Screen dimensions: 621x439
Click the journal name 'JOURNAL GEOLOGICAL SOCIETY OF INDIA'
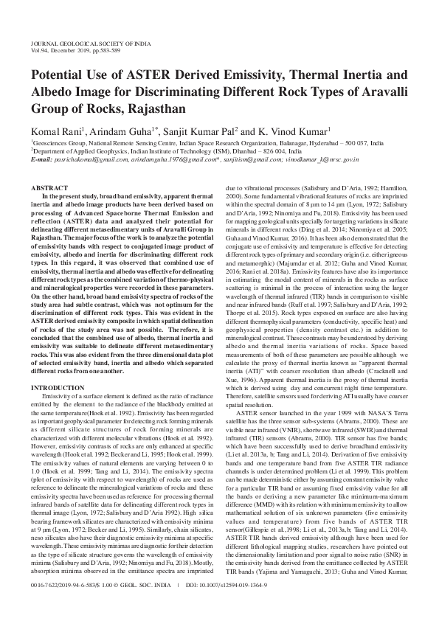tap(82, 44)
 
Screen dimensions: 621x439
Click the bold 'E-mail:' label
tap(42, 159)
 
